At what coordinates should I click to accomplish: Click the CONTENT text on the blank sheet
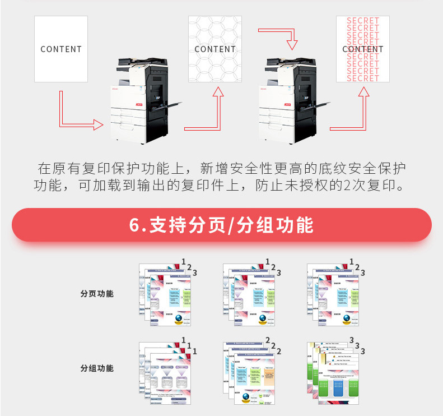coord(61,49)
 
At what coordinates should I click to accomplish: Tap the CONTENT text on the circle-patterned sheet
coord(215,49)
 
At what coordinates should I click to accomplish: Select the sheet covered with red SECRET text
coord(362,49)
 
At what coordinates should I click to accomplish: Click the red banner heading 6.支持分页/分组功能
coord(222,225)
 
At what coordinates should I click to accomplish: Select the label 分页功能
coord(97,293)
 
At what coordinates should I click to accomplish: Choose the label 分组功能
coord(97,368)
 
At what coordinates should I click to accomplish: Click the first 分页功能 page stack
coord(166,295)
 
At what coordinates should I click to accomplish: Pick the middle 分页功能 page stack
coord(250,295)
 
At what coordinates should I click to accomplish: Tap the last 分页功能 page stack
coord(334,295)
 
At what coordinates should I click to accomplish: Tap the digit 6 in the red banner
coord(134,225)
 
